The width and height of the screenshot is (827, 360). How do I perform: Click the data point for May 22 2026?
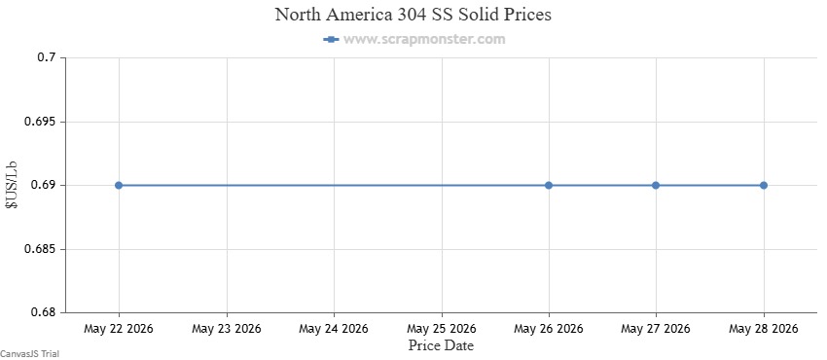point(119,185)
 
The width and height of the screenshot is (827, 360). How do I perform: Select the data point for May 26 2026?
point(549,185)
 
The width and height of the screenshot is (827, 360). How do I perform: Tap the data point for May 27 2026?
point(656,185)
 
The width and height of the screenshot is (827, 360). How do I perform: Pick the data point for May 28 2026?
point(763,185)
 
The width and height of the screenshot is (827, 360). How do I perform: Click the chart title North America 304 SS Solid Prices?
point(413,15)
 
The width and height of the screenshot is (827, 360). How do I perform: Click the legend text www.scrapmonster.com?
point(424,39)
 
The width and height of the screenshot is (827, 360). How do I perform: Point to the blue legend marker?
point(331,39)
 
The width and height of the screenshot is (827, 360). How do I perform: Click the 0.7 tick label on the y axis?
point(46,57)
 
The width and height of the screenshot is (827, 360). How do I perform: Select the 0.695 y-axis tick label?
point(40,122)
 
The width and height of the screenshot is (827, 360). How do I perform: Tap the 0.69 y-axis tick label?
point(42,185)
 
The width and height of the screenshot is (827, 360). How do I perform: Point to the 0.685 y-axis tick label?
point(40,249)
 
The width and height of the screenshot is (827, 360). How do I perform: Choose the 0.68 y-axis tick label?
point(42,312)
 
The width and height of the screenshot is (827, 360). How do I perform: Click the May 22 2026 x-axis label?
point(119,329)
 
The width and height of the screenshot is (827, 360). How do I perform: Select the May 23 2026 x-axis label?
point(227,329)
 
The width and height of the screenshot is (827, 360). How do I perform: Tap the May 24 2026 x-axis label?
point(334,329)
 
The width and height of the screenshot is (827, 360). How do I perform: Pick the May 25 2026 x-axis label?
point(441,329)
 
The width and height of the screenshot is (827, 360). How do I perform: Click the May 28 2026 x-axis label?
point(763,329)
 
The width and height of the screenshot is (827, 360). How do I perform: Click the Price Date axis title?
point(441,345)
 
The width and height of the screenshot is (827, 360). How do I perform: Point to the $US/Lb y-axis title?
point(12,186)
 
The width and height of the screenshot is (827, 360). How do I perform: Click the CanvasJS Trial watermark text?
point(29,354)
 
